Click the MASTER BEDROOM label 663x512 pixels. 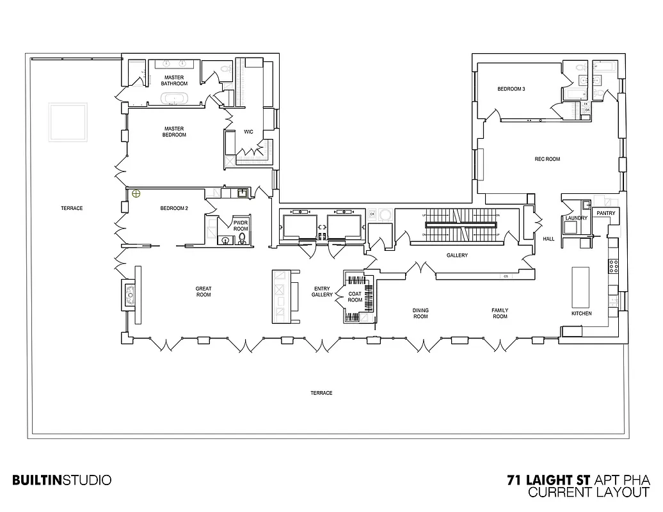[174, 131]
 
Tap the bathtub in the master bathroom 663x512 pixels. [173, 99]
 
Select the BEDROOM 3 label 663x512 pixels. [511, 89]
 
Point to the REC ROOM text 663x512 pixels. [547, 159]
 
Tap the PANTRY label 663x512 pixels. [605, 212]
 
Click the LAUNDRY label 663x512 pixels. [576, 218]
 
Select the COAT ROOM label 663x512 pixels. [355, 297]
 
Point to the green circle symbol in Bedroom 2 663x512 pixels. [136, 194]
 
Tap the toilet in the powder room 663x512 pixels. [242, 239]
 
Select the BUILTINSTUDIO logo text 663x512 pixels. [62, 479]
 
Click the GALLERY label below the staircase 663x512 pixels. [457, 255]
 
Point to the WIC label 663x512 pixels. [249, 132]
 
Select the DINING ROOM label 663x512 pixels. [420, 314]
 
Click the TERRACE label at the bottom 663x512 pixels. [321, 393]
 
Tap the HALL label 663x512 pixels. [548, 239]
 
